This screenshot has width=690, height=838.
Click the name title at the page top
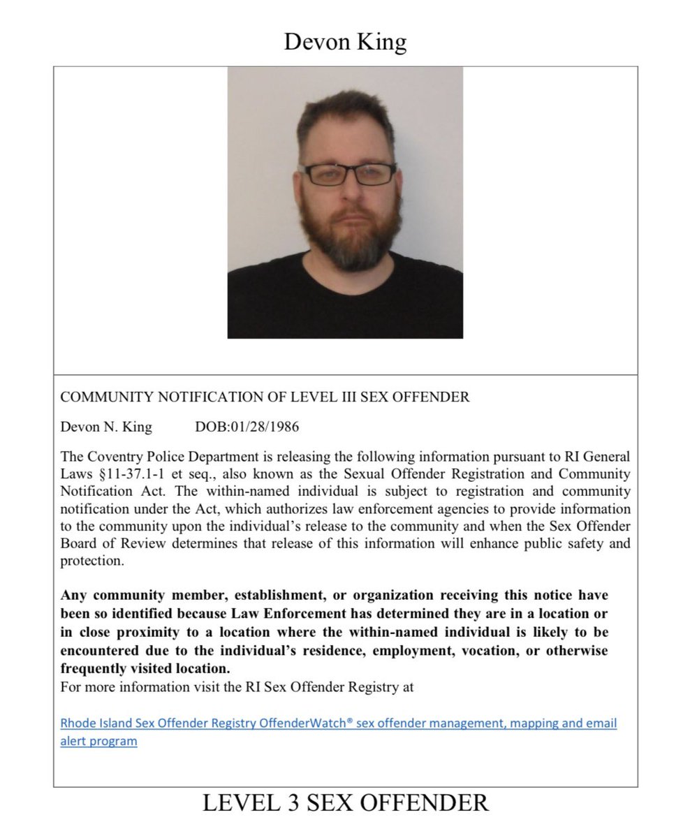tap(345, 42)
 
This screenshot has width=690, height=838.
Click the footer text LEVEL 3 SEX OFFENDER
tap(345, 802)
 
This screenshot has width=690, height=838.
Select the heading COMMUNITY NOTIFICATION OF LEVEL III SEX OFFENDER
tap(265, 397)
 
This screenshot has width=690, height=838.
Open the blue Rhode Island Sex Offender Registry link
tap(338, 723)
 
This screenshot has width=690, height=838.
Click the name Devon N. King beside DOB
tap(105, 427)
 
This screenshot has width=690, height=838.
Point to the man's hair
tap(342, 115)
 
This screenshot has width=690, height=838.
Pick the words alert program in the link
tap(98, 741)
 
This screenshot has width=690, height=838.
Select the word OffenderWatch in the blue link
tap(307, 723)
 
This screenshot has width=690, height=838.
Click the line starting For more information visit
tap(237, 686)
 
